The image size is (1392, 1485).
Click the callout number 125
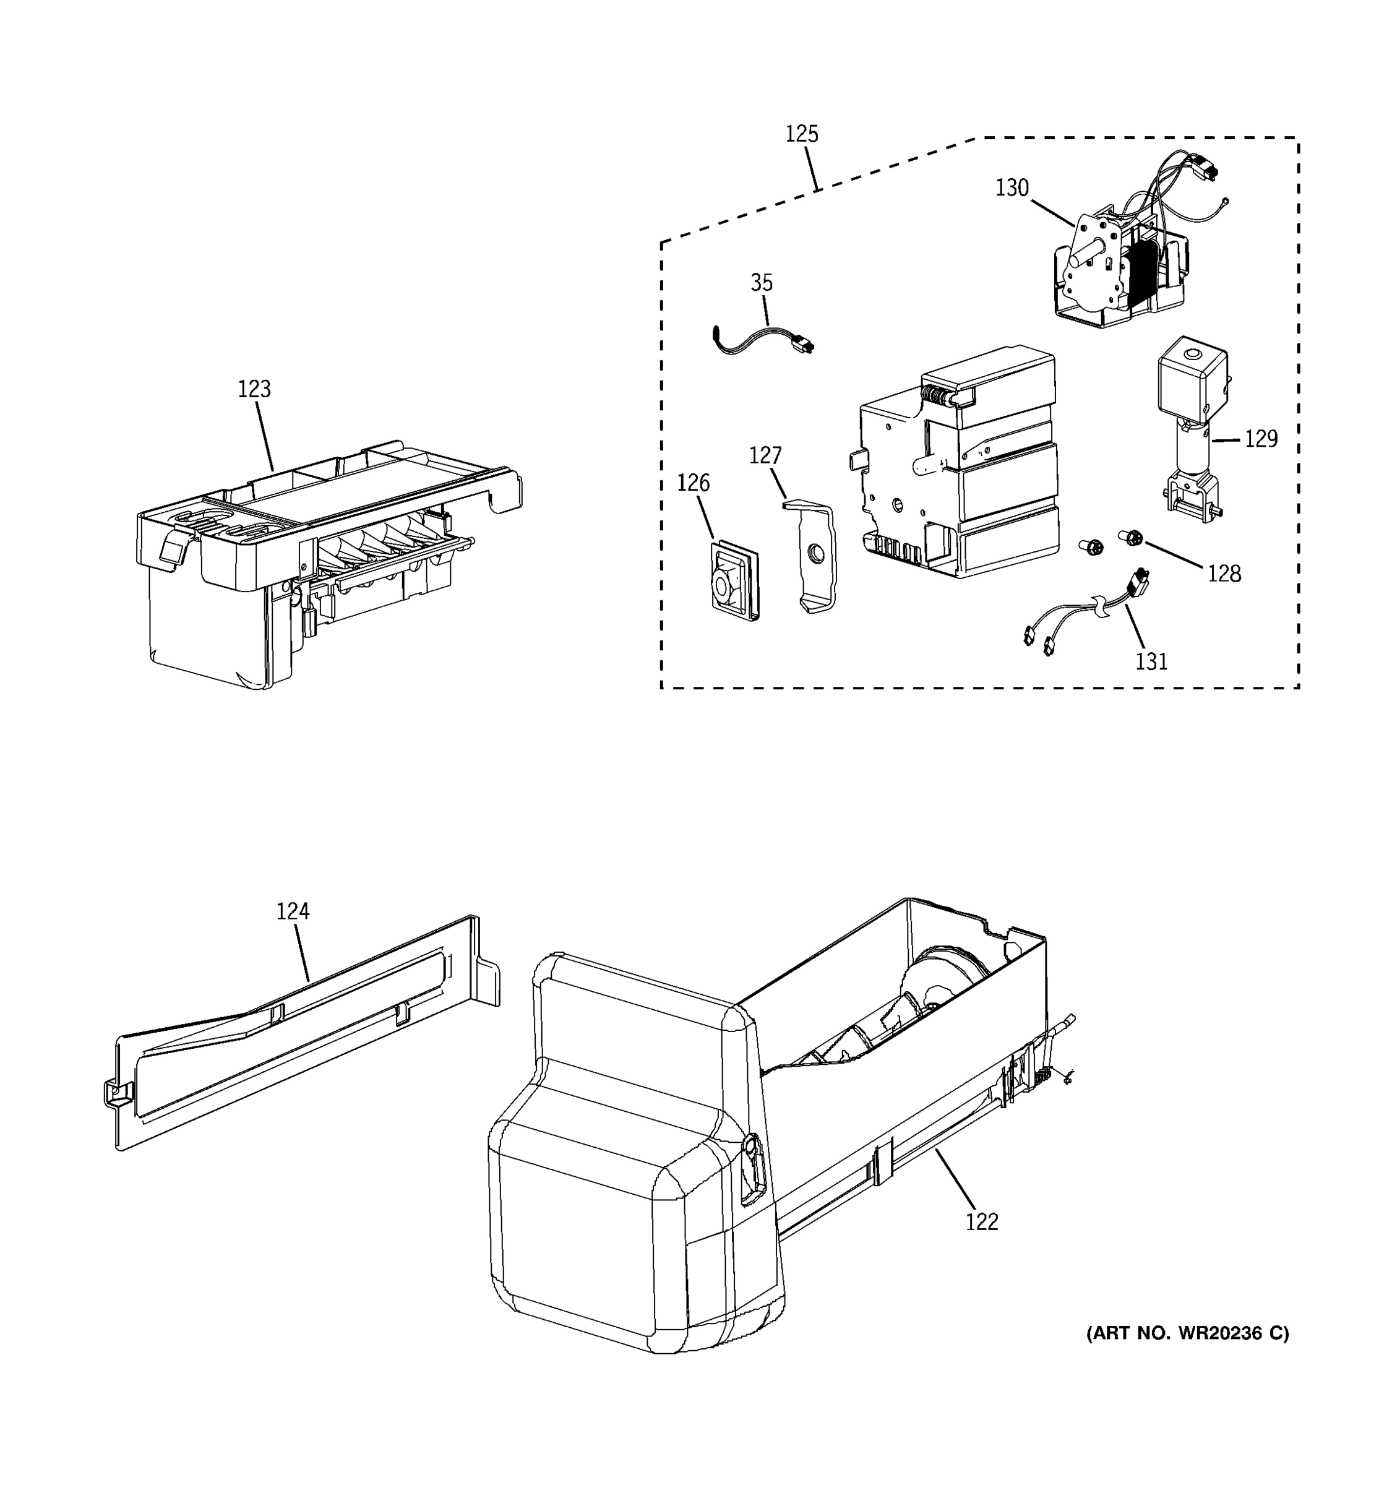point(801,134)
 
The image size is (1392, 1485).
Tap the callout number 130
point(1012,188)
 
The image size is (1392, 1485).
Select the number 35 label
point(761,283)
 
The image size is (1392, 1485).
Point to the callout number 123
point(254,389)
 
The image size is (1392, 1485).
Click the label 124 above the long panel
point(293,911)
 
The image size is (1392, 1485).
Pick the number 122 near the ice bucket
point(981,1222)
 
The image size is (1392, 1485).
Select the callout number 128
point(1224,574)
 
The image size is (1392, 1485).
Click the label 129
point(1261,439)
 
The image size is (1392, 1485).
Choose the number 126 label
point(693,483)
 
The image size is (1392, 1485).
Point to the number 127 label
point(765,455)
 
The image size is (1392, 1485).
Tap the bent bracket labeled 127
point(812,556)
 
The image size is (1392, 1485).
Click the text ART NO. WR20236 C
point(1187,1333)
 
